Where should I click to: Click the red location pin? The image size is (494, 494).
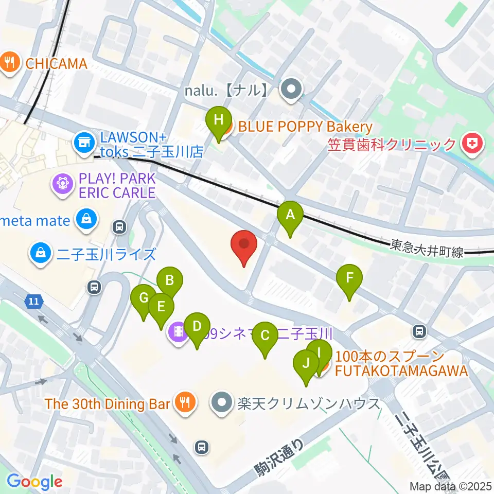point(244,248)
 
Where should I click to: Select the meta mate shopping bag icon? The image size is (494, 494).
point(84,221)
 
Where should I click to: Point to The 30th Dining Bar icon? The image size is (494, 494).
point(184,402)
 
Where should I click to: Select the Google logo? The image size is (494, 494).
point(34,482)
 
